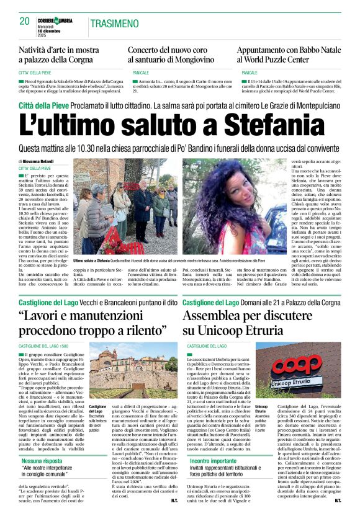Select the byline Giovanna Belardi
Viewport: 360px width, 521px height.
click(39, 162)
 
